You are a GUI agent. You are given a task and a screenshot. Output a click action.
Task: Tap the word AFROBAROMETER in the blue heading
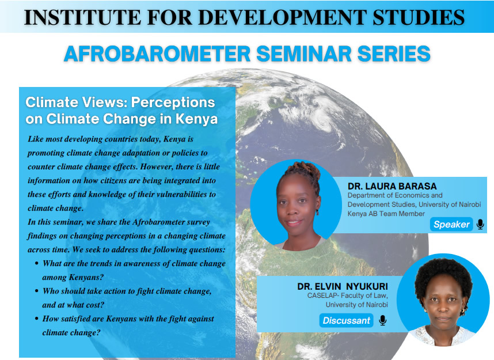pos(157,54)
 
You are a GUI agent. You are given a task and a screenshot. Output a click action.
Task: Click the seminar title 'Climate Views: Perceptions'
pos(120,103)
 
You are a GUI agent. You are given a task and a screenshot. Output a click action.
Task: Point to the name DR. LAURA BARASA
pos(392,186)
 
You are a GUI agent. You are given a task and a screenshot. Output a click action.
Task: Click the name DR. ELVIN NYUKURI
pos(343,286)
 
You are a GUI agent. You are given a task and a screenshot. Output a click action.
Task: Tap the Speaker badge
pos(451,224)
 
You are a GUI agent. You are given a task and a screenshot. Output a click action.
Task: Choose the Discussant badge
pos(346,320)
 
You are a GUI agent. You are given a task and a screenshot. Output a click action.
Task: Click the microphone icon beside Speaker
pos(480,224)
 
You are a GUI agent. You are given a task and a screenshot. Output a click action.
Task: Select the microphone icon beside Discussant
pos(382,320)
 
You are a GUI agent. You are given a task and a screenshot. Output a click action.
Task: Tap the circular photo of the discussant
pos(443,300)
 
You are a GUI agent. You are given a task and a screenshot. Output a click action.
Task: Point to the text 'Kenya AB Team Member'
pos(386,214)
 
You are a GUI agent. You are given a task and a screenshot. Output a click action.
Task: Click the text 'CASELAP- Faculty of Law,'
pos(348,295)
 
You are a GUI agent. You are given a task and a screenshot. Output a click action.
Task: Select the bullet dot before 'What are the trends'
pos(37,263)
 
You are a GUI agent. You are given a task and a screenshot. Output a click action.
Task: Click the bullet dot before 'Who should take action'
pos(37,291)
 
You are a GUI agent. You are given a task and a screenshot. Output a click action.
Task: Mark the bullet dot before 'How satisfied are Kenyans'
pos(37,319)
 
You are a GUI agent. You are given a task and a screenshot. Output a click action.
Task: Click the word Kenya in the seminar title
pos(196,119)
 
